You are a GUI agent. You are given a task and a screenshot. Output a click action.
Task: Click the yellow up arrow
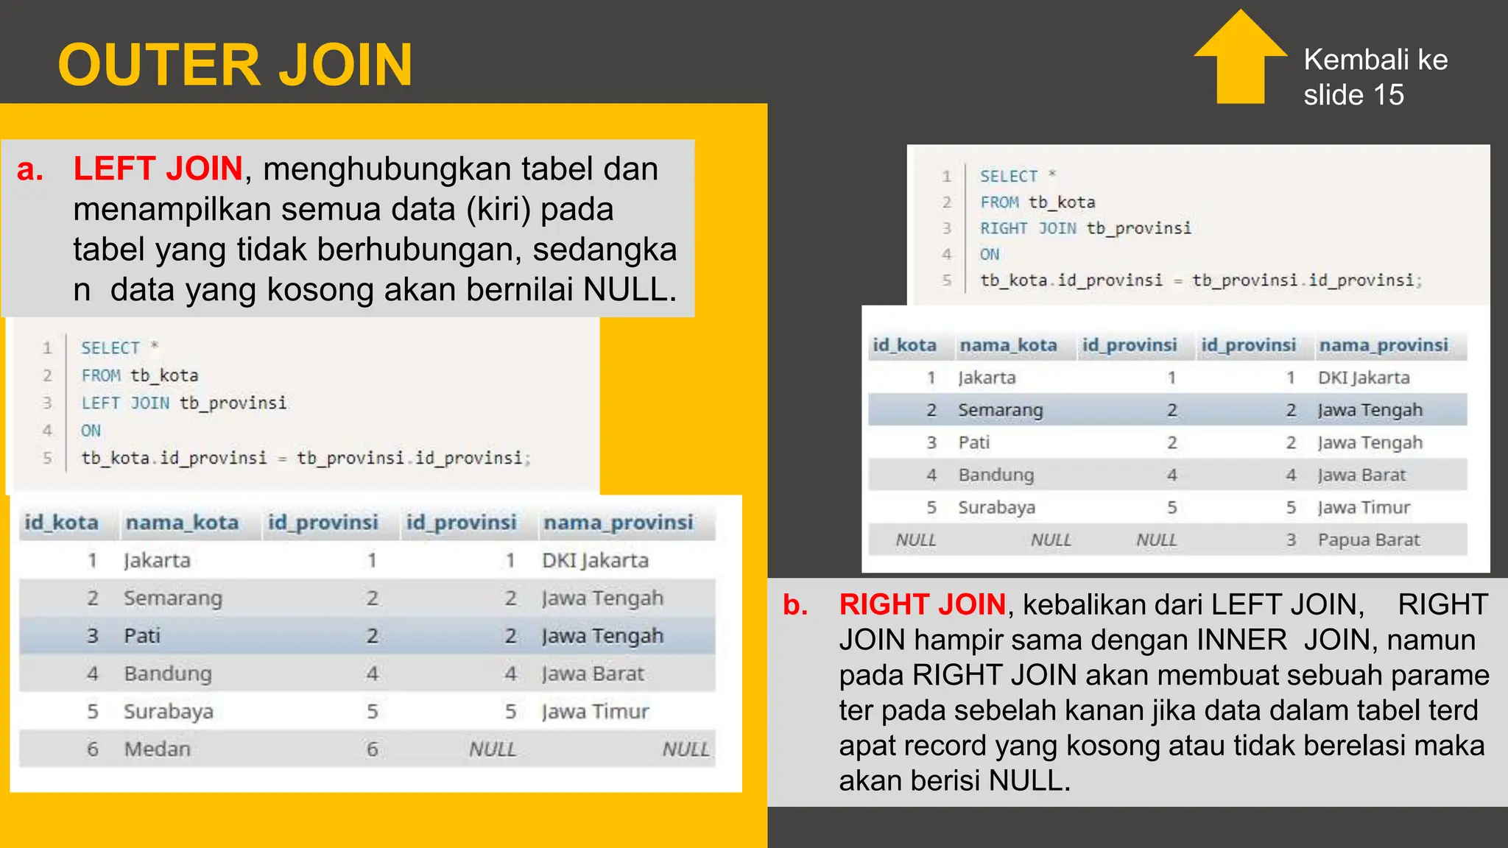click(1241, 59)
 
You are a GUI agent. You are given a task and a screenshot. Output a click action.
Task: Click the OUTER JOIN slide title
click(235, 65)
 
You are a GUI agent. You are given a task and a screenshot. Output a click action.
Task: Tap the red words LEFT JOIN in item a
click(158, 169)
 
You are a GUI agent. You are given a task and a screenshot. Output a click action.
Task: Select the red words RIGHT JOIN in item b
click(922, 604)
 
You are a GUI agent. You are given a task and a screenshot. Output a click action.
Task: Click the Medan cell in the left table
click(157, 749)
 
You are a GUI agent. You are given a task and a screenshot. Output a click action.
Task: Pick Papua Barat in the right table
click(1368, 540)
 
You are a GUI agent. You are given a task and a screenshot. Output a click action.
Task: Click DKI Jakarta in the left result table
click(595, 561)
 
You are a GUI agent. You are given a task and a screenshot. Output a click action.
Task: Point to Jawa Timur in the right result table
click(1364, 507)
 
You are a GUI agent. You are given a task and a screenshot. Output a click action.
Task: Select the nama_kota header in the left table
click(182, 523)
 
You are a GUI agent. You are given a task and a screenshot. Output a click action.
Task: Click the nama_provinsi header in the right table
click(1383, 345)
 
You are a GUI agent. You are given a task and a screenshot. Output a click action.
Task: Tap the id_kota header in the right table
click(904, 345)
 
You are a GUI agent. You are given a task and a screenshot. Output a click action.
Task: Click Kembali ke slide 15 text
click(1375, 77)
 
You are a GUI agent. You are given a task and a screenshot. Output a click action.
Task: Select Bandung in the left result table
click(168, 674)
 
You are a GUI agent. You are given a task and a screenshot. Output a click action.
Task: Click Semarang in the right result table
click(1000, 410)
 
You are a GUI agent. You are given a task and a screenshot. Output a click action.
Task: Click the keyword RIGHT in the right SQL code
click(1003, 229)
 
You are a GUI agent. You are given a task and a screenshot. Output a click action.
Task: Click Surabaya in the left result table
click(169, 711)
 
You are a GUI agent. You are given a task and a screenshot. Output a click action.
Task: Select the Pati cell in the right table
click(973, 442)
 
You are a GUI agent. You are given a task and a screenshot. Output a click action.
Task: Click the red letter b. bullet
click(795, 604)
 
